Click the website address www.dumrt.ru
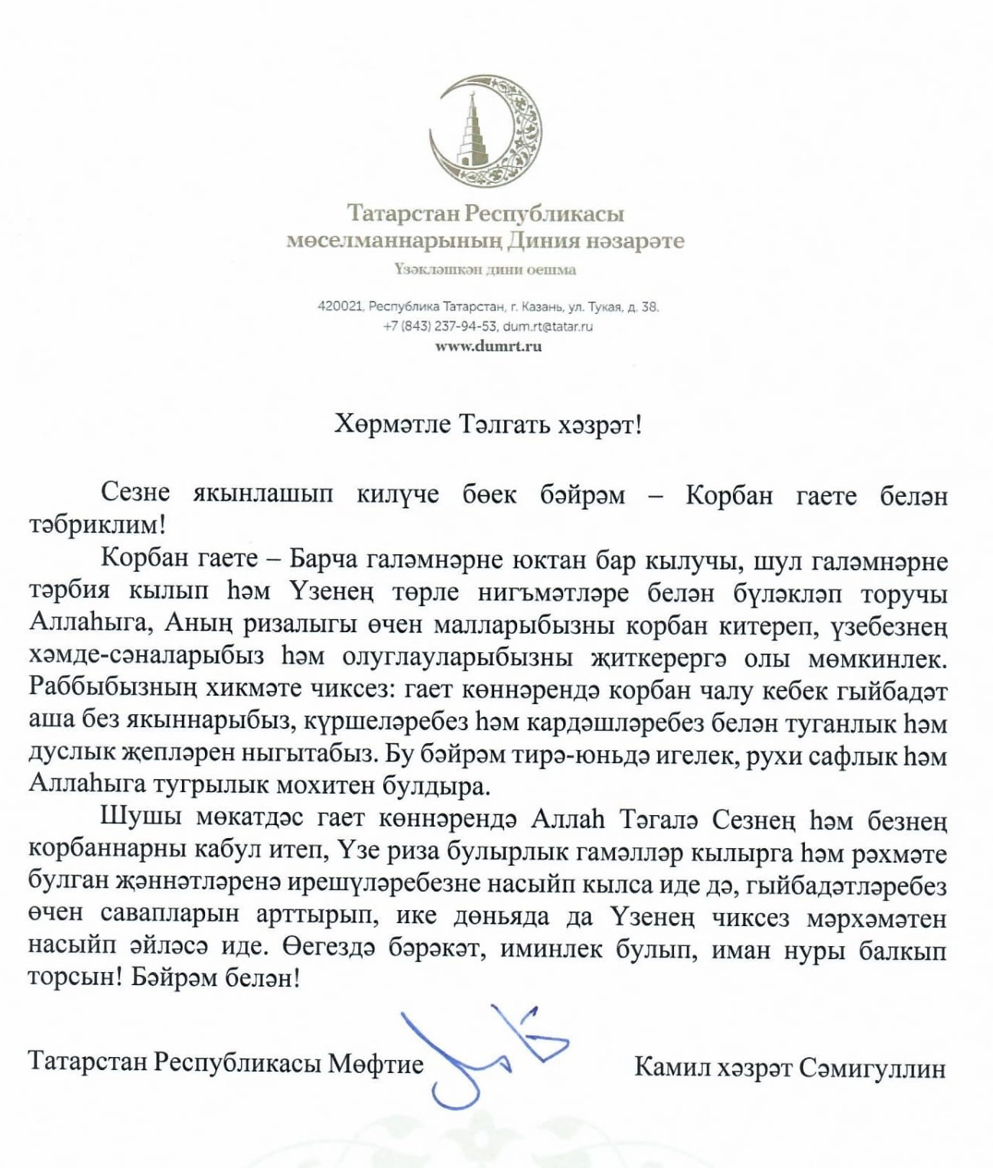coord(488,346)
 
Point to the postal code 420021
coord(340,307)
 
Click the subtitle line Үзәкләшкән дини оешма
coord(485,269)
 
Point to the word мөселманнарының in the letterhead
coord(395,241)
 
